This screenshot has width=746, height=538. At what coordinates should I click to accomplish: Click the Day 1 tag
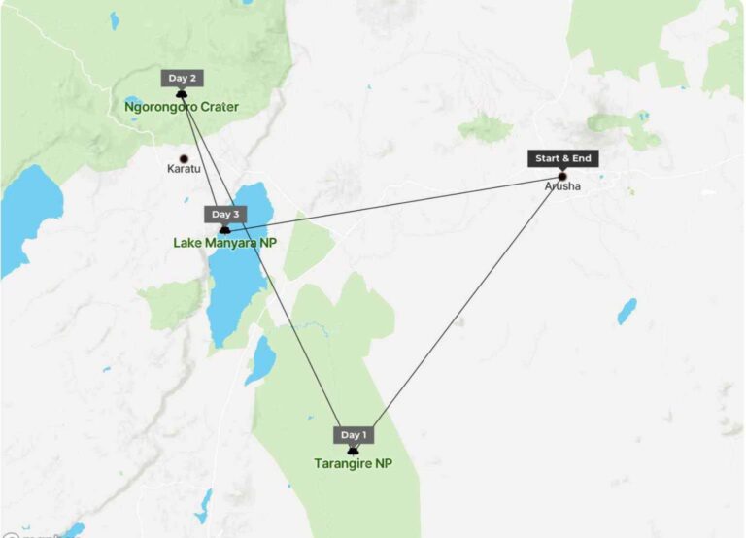click(353, 435)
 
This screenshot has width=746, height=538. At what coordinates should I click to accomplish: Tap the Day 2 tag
click(182, 78)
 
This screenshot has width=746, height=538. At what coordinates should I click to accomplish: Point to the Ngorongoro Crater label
click(182, 106)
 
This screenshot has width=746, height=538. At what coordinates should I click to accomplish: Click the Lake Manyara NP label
click(224, 243)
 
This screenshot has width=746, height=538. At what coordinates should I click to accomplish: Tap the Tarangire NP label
click(353, 463)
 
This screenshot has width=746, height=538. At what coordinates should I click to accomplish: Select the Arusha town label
click(562, 185)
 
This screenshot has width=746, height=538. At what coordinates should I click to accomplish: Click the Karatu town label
click(184, 169)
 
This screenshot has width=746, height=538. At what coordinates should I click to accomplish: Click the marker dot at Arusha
click(561, 176)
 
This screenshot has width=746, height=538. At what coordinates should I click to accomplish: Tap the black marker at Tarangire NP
click(353, 450)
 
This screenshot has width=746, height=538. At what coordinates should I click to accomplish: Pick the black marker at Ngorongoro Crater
click(182, 93)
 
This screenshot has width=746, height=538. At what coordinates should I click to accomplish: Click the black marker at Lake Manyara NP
click(224, 229)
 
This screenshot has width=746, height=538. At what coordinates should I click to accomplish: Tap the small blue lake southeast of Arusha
click(627, 311)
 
